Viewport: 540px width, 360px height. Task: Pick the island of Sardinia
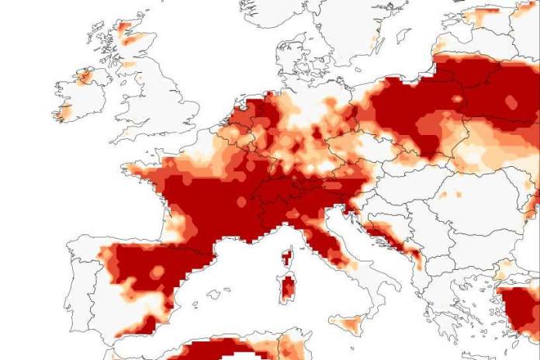pos(287,289)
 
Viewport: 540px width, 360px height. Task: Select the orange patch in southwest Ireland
pos(61,112)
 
